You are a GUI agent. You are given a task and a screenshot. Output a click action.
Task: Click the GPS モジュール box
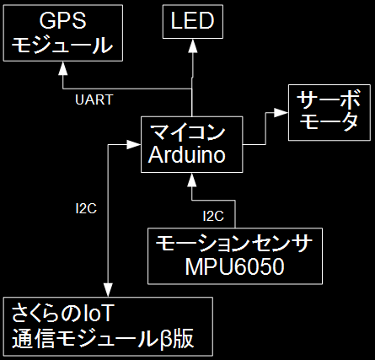tap(63, 33)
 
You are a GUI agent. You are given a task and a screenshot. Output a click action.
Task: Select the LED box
tap(193, 22)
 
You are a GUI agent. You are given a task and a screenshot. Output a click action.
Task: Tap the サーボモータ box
tap(329, 112)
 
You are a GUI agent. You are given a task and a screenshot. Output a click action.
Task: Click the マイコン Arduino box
tap(192, 144)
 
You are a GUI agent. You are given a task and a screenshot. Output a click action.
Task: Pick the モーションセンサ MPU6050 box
tap(235, 256)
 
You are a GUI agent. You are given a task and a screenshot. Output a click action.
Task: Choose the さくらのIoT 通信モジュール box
tap(108, 326)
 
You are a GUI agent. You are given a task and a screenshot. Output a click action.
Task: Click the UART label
tap(94, 99)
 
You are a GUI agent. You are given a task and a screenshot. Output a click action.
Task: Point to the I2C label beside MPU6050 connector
tap(213, 216)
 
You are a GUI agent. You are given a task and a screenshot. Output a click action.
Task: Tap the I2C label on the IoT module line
tap(86, 208)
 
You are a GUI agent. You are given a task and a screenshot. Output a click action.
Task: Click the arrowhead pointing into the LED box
tap(193, 46)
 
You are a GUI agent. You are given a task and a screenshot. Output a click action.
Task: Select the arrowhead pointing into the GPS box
tap(63, 68)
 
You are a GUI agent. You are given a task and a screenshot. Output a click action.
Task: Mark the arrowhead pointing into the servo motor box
tap(281, 113)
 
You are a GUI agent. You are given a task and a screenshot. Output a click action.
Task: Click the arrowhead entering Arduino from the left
tap(134, 145)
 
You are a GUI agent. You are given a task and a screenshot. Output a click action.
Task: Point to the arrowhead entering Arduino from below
tap(192, 180)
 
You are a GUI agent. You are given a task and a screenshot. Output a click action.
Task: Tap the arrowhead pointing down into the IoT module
tap(108, 290)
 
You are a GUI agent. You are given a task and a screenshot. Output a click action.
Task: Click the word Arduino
tap(187, 155)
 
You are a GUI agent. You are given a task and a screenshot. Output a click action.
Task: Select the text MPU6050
tap(234, 266)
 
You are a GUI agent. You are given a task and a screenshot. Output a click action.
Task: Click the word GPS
tap(62, 20)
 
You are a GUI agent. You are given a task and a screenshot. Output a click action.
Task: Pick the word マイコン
tap(188, 132)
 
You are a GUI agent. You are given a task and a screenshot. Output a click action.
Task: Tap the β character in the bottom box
tap(166, 339)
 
